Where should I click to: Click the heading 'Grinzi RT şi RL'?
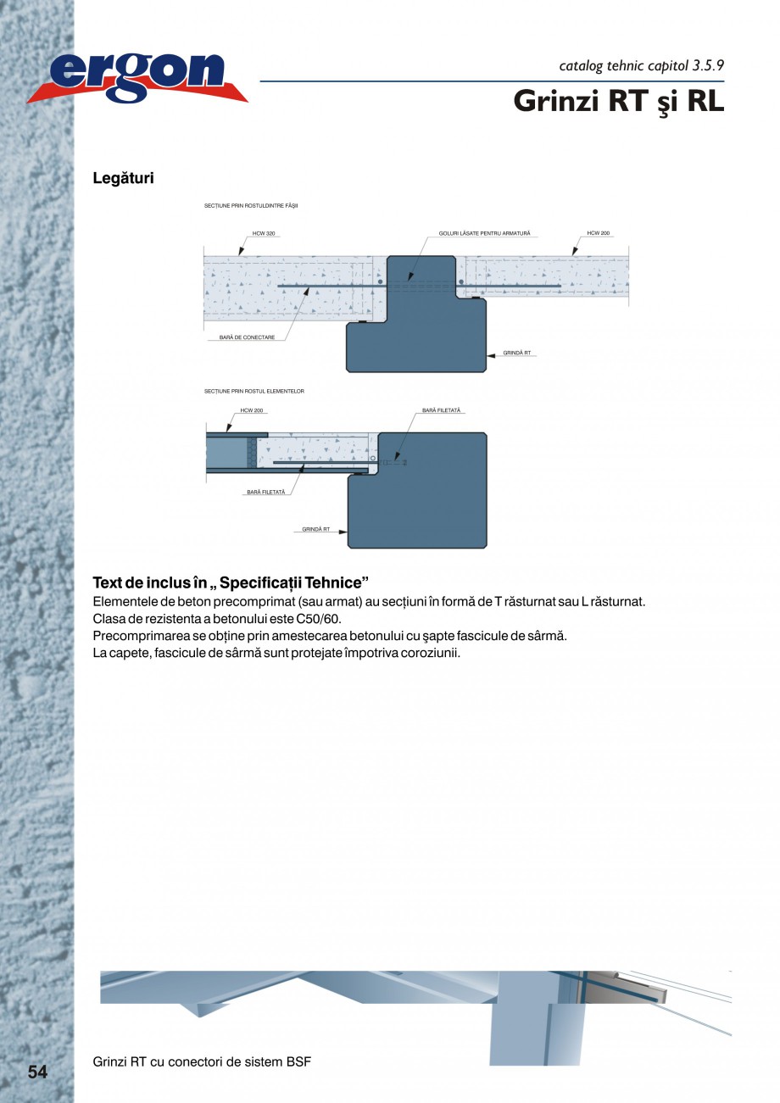[618, 101]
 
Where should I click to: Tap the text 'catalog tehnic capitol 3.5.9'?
[641, 65]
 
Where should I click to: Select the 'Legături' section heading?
[123, 179]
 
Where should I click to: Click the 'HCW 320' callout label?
[264, 232]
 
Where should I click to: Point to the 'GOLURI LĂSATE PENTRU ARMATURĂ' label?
[484, 232]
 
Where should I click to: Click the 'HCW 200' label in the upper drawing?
[598, 232]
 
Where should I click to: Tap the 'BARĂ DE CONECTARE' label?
[247, 337]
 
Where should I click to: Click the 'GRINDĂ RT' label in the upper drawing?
[516, 352]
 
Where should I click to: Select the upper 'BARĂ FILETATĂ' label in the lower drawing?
[441, 410]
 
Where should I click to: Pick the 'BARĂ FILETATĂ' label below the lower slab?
[266, 492]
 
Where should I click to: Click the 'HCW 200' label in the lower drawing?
[252, 410]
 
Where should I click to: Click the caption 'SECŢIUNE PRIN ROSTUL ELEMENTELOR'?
[253, 392]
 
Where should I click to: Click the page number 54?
[37, 1072]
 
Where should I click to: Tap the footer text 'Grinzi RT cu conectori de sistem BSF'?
[202, 1061]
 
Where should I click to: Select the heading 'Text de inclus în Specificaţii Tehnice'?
[230, 583]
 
